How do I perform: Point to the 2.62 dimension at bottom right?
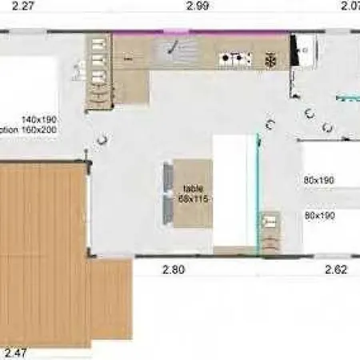(336, 270)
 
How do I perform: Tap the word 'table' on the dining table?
(193, 188)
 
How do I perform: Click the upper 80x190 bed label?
(318, 180)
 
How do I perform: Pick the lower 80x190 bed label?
(318, 215)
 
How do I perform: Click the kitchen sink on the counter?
(174, 49)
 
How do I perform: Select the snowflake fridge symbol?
(270, 59)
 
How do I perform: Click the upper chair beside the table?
(167, 178)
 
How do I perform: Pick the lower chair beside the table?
(167, 210)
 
